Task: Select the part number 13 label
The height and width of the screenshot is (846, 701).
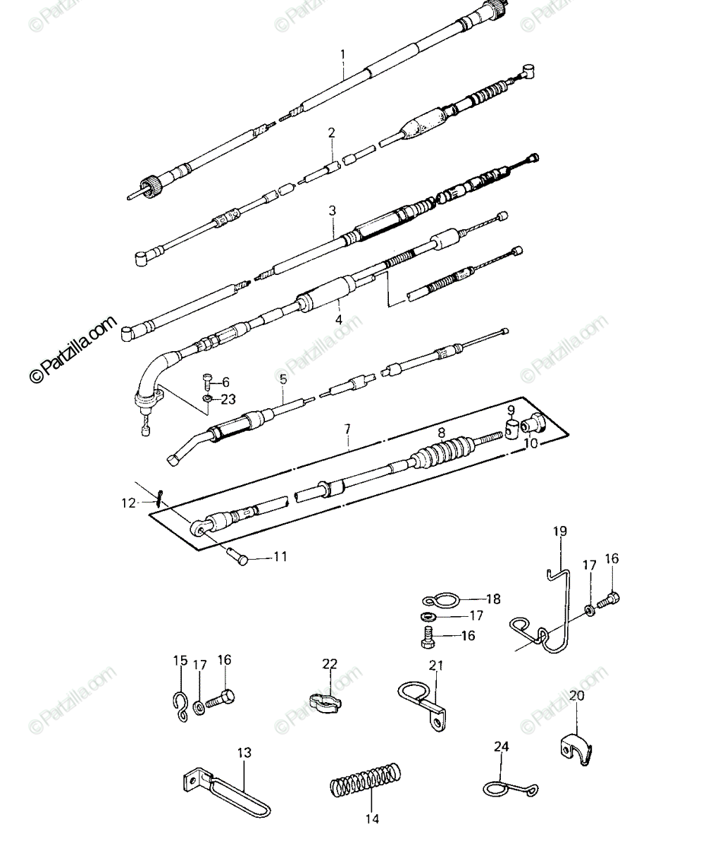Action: pyautogui.click(x=244, y=752)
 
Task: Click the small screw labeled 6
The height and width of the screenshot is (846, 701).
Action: pyautogui.click(x=206, y=381)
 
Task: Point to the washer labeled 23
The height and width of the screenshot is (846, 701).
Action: pyautogui.click(x=207, y=399)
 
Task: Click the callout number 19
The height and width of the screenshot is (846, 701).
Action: pyautogui.click(x=560, y=531)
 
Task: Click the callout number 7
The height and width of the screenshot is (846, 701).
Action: pyautogui.click(x=347, y=429)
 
